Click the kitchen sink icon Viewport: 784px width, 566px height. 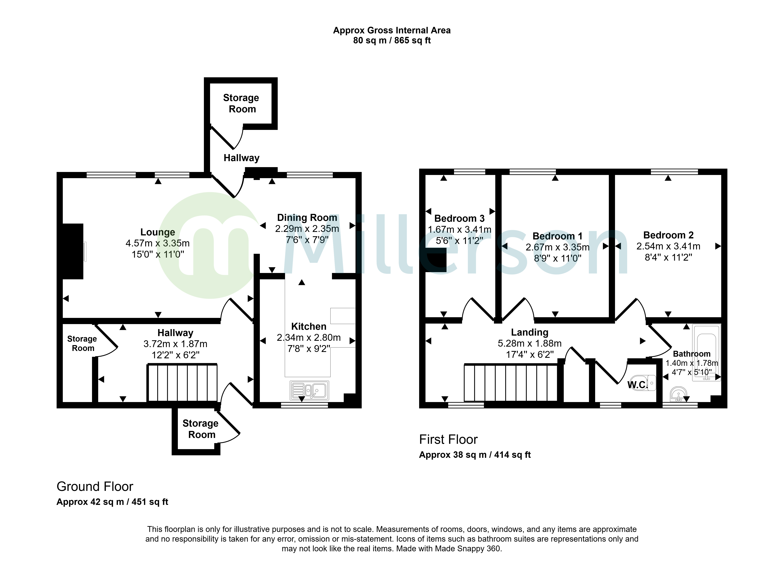[x=309, y=391]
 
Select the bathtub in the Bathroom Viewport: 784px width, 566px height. [x=706, y=352]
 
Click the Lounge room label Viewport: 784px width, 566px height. [x=158, y=232]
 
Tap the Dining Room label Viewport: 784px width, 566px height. [x=307, y=218]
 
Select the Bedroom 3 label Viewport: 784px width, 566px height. [x=459, y=218]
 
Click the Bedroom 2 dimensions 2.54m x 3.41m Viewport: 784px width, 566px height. [x=668, y=246]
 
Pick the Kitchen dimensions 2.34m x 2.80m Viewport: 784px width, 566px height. [x=309, y=338]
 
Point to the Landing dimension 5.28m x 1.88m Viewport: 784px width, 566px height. [x=530, y=343]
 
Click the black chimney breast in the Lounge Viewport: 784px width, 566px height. [x=73, y=251]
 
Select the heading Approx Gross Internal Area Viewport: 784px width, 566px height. [x=392, y=30]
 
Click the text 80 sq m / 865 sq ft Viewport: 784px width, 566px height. [x=392, y=40]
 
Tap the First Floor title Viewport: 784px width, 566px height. [x=448, y=440]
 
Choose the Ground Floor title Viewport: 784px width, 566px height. [x=95, y=487]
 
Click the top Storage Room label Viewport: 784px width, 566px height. [x=241, y=103]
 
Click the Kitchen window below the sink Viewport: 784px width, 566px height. [x=304, y=405]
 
